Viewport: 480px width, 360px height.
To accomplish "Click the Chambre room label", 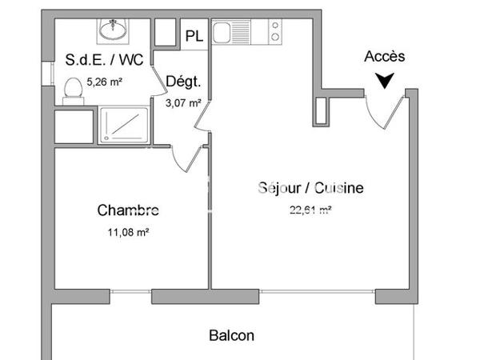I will tap(128, 210).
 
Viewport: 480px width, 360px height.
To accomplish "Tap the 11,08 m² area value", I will tap(128, 233).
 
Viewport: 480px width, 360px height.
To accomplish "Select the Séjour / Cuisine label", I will tap(310, 188).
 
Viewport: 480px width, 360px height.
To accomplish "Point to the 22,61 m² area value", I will tap(310, 211).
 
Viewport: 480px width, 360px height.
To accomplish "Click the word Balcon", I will tap(232, 335).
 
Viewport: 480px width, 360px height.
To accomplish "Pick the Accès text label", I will tap(385, 56).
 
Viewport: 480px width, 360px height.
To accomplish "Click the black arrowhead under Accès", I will tap(385, 80).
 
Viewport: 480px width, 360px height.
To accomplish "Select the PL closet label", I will tap(194, 36).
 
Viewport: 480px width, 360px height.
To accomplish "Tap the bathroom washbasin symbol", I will tap(113, 30).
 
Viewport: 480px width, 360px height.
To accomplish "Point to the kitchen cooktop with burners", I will tap(274, 32).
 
